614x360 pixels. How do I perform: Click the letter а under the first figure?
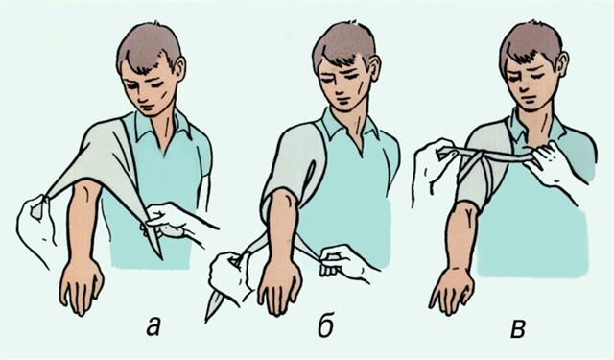click(153, 325)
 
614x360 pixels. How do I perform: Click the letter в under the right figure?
click(518, 328)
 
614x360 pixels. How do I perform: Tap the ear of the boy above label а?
click(179, 67)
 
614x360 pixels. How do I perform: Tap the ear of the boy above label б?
click(374, 67)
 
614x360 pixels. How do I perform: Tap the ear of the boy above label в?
click(562, 62)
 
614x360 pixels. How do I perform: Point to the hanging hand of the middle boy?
click(279, 288)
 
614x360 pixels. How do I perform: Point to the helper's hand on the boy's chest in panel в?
click(550, 164)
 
